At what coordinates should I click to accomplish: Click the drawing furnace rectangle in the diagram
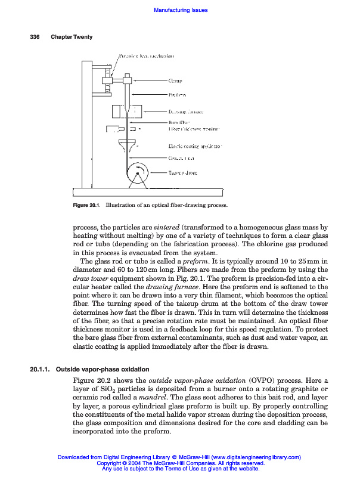click(135, 111)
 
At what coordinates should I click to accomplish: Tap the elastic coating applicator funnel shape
click(127, 145)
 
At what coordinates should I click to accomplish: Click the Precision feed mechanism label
click(146, 56)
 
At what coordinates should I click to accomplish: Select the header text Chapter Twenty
click(72, 37)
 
